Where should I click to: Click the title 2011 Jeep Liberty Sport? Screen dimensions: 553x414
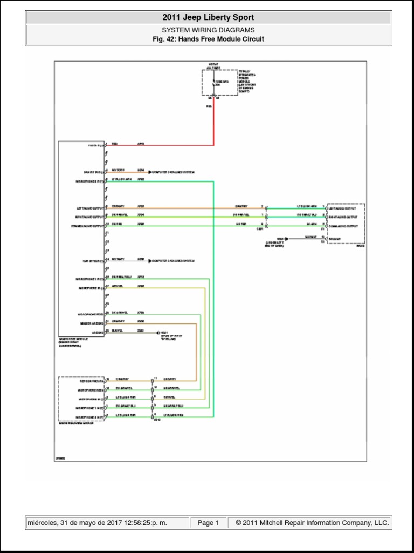[208, 17]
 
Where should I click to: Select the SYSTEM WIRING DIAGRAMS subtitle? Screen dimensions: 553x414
[208, 30]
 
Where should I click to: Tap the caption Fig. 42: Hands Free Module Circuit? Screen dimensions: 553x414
[208, 39]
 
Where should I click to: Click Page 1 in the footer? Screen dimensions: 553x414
[208, 523]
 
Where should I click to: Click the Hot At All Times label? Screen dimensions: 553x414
[213, 66]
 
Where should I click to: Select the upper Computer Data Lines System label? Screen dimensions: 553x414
[173, 172]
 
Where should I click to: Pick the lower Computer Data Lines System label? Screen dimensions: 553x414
[173, 261]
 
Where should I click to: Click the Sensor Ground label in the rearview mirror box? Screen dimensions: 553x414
[89, 380]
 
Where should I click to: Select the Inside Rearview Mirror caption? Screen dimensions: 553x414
[76, 423]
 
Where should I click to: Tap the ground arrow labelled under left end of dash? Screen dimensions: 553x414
[288, 238]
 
